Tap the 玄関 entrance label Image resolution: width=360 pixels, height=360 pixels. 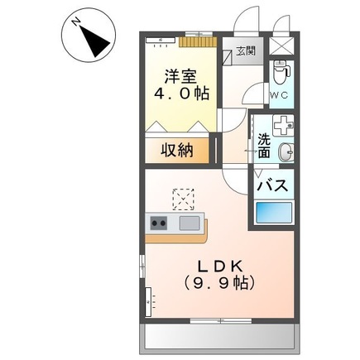pos(247,51)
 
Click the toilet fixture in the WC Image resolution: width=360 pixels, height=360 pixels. pos(281,72)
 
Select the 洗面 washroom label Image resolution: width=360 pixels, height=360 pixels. pos(263,147)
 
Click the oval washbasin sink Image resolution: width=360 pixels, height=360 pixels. pos(286,152)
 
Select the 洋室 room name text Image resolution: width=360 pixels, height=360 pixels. pos(180,76)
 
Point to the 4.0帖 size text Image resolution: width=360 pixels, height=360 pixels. pos(180,95)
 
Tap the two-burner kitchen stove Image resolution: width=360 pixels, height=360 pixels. pos(159,223)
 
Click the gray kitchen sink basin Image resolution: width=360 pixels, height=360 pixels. pos(190,223)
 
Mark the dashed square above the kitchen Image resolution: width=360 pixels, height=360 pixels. pos(183,199)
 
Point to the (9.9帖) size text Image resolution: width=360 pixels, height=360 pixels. pos(218,284)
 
